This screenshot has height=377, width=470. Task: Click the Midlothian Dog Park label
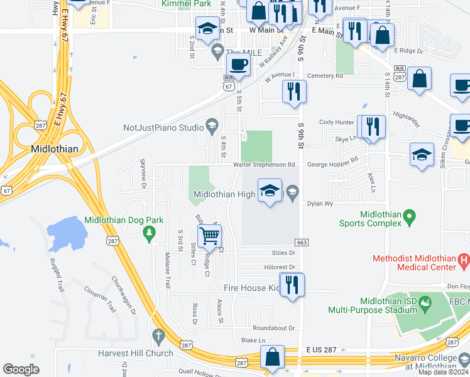124,221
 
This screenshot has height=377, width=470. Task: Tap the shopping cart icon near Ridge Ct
209,236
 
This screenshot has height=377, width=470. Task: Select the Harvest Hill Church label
135,353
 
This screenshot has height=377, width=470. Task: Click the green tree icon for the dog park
150,234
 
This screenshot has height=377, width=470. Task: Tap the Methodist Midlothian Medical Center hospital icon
464,258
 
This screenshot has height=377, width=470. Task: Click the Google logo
21,369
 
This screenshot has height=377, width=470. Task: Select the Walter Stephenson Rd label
264,165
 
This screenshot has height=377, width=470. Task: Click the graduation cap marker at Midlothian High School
270,190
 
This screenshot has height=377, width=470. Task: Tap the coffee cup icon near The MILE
238,63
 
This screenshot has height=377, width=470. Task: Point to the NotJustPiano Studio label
163,128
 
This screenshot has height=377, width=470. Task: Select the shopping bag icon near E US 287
273,358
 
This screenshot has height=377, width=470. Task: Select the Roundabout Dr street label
273,328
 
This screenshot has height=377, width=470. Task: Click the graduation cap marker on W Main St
207,28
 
